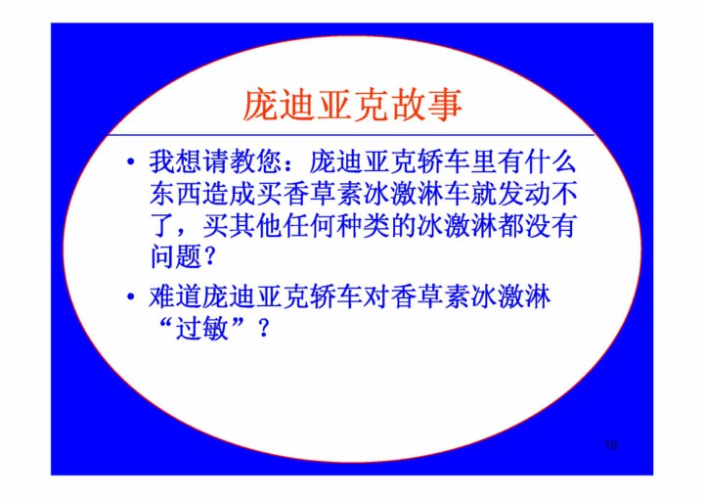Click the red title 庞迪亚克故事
point(352,105)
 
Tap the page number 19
point(610,445)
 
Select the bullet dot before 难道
point(131,296)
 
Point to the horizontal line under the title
point(352,135)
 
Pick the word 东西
point(175,194)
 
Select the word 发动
point(523,194)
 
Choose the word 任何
point(309,226)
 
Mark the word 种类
point(363,226)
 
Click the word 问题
point(175,257)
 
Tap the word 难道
point(175,296)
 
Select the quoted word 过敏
point(202,329)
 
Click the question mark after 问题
point(209,258)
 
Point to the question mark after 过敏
point(264,329)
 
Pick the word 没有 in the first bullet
point(550,226)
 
